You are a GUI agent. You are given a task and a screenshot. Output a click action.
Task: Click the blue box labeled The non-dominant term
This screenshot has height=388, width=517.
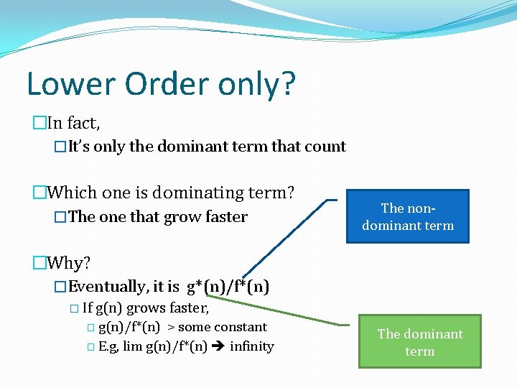click(x=407, y=216)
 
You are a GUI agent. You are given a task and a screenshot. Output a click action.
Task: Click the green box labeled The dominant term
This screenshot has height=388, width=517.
click(x=420, y=342)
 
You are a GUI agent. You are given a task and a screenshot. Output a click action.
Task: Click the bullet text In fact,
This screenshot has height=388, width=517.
click(x=73, y=123)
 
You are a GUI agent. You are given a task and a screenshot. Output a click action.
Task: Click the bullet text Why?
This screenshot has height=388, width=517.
click(x=72, y=263)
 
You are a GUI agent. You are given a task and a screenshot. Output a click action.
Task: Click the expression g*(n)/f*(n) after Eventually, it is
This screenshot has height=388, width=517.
click(x=227, y=287)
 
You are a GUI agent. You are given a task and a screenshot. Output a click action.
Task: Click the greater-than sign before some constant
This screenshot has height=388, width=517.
click(x=171, y=328)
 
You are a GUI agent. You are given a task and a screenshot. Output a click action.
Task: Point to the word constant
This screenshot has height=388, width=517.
click(x=241, y=328)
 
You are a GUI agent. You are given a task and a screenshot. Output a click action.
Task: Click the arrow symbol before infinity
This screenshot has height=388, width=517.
click(x=219, y=346)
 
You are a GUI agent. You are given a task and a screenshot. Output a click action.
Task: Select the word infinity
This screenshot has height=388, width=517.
click(x=252, y=346)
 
